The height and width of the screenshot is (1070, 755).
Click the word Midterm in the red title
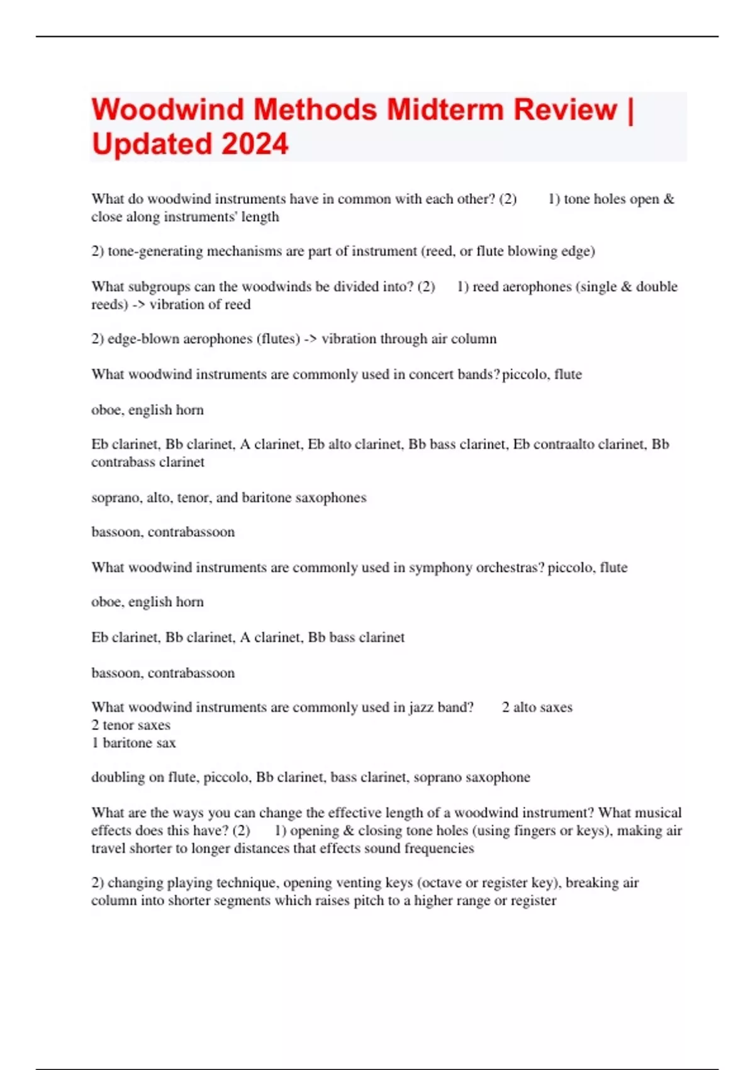(445, 110)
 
